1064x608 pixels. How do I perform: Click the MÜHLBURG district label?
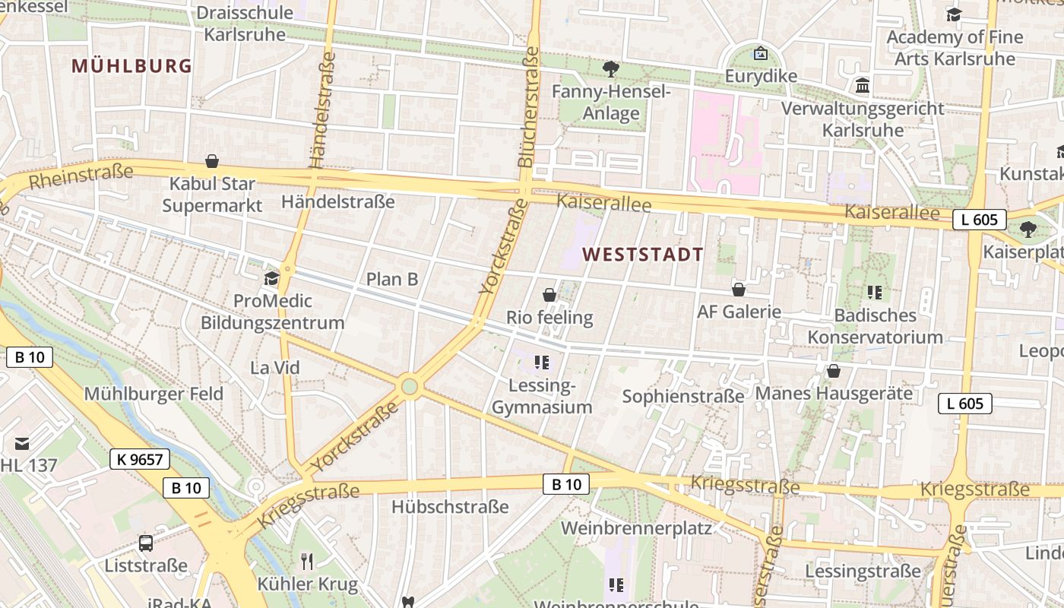pyautogui.click(x=131, y=66)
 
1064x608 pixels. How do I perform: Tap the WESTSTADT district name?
pyautogui.click(x=643, y=255)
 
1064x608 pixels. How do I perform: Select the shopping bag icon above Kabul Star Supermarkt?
pyautogui.click(x=212, y=161)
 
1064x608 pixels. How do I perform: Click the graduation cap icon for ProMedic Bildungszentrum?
pyautogui.click(x=271, y=279)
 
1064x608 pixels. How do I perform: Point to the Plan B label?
pyautogui.click(x=392, y=279)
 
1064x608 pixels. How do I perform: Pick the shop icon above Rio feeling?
pyautogui.click(x=549, y=295)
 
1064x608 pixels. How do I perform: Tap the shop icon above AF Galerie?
pyautogui.click(x=739, y=290)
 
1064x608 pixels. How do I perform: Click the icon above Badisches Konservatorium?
pyautogui.click(x=875, y=292)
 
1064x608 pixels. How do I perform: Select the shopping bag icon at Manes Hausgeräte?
pyautogui.click(x=834, y=371)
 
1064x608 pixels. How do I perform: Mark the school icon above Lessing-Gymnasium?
pyautogui.click(x=541, y=363)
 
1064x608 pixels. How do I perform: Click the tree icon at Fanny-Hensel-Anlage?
pyautogui.click(x=610, y=70)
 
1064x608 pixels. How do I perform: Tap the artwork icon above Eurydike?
pyautogui.click(x=760, y=54)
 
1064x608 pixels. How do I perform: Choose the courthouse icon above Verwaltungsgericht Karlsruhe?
pyautogui.click(x=863, y=86)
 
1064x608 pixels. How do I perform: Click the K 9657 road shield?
pyautogui.click(x=140, y=459)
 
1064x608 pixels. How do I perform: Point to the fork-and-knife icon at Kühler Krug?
pyautogui.click(x=307, y=562)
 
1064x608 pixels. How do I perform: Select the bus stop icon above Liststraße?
pyautogui.click(x=146, y=543)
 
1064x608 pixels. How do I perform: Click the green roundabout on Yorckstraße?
pyautogui.click(x=410, y=387)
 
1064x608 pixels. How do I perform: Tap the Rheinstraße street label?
pyautogui.click(x=81, y=177)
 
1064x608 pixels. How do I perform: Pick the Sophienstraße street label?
pyautogui.click(x=683, y=396)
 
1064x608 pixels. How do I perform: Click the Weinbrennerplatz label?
pyautogui.click(x=636, y=527)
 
